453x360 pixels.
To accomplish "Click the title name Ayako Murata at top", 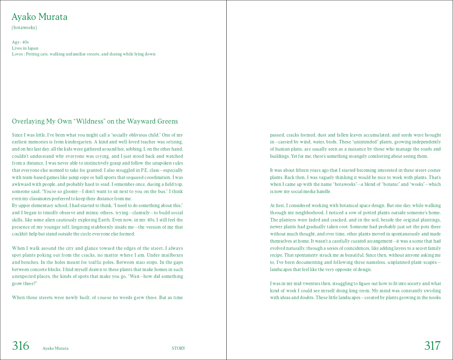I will [39, 17].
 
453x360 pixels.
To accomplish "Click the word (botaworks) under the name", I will [24, 28].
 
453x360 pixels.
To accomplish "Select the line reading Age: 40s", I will [20, 42].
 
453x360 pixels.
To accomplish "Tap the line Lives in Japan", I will [25, 48].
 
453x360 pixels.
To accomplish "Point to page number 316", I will [21, 346].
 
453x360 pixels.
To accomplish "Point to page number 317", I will [432, 346].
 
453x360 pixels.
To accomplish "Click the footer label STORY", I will [178, 348].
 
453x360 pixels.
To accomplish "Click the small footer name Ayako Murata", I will [55, 348].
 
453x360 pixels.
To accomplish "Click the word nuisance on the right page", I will [358, 149].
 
